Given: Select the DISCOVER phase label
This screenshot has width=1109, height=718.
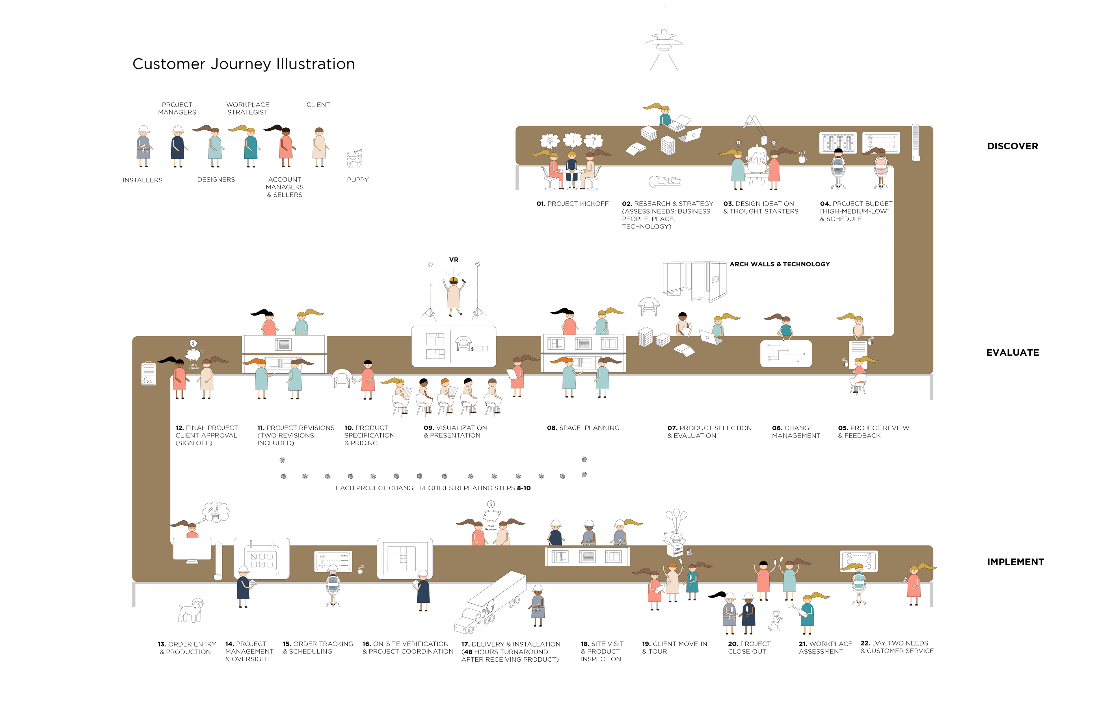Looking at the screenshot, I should [1012, 146].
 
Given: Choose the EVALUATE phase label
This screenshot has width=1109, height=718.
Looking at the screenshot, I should [1012, 352].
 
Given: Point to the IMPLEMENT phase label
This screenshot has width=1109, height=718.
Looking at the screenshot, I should [1015, 562].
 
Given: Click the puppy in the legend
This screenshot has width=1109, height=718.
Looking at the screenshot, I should [355, 159].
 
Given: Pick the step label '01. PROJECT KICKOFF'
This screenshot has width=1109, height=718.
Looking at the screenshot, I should [572, 204].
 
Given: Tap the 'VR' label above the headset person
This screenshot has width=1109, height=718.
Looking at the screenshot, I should [453, 260].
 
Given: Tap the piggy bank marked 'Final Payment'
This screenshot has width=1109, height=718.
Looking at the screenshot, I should [491, 516].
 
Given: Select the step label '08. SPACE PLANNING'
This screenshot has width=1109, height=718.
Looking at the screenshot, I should [583, 428].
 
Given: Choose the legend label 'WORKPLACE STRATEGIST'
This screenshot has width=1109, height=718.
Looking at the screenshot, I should [248, 108].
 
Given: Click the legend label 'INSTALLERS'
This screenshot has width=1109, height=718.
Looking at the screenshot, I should [143, 180].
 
